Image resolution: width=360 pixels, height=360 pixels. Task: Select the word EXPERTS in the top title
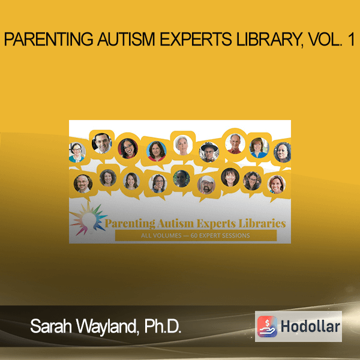point(196,39)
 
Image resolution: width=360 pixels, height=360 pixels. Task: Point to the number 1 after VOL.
point(350,39)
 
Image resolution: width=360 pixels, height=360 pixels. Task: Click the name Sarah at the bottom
point(51,326)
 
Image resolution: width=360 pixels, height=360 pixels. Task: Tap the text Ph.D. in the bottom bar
point(163,326)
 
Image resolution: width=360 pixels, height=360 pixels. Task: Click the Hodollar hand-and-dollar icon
point(267,326)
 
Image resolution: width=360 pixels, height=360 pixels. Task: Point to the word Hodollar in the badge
point(310,326)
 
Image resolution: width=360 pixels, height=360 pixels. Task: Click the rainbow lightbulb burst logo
point(88,218)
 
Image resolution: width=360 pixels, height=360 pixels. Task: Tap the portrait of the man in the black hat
point(209,152)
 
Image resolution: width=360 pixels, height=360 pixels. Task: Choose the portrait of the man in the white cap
point(206,185)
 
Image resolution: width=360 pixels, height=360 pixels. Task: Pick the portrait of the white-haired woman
point(183,145)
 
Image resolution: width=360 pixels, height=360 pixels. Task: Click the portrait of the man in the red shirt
point(235,143)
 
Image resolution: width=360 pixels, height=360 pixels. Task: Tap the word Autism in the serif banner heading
point(175,224)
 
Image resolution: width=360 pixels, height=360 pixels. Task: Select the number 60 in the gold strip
point(194,236)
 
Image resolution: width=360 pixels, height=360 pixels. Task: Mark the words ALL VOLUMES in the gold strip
point(161,236)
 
